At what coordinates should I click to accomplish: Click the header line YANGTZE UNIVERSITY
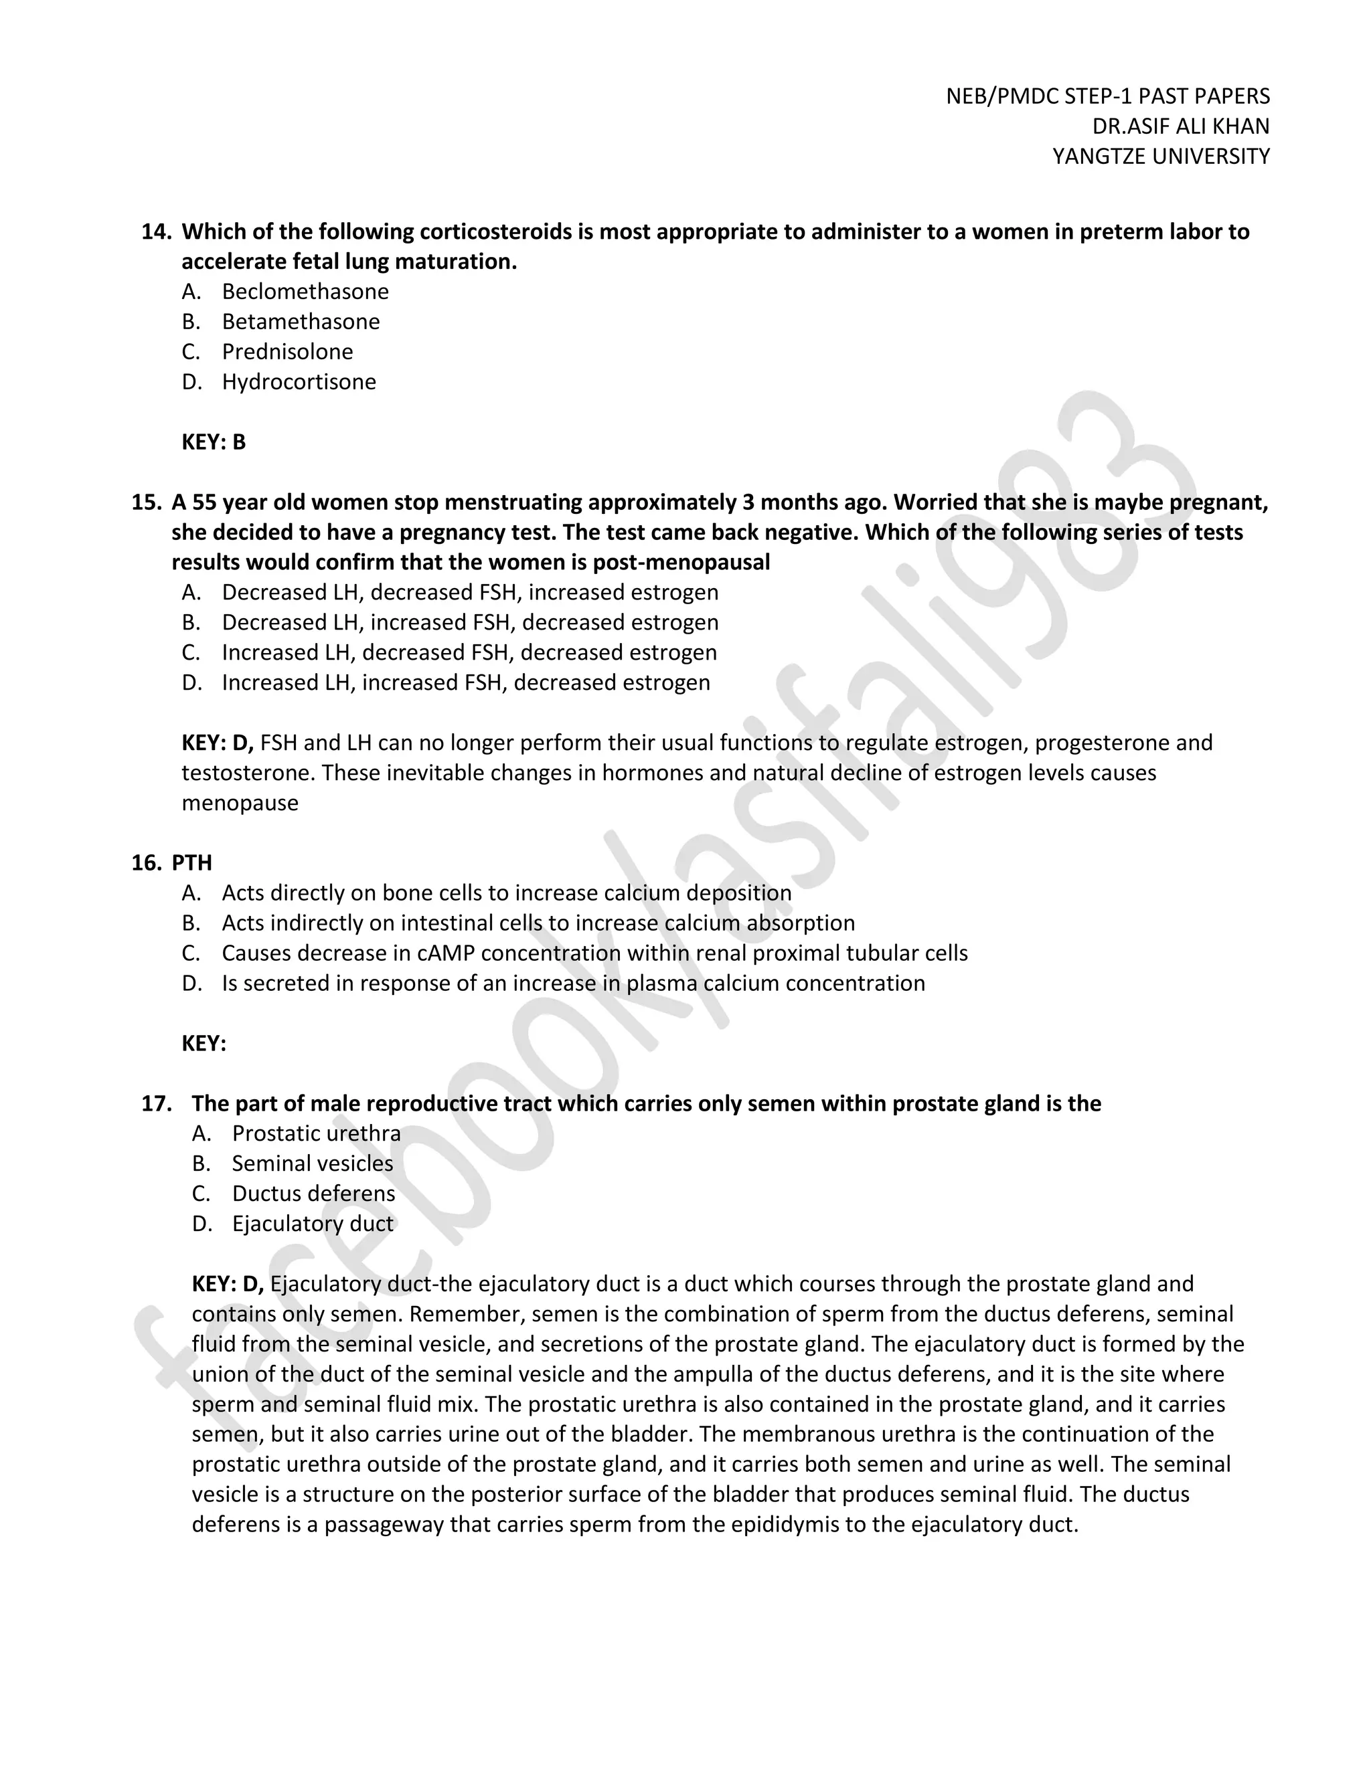pyautogui.click(x=1161, y=156)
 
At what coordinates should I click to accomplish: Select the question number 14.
pyautogui.click(x=155, y=232)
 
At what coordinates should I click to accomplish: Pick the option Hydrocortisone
pyautogui.click(x=299, y=381)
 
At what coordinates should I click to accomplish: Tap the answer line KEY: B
pyautogui.click(x=213, y=442)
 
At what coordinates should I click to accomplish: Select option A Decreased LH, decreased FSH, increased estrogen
pyautogui.click(x=469, y=593)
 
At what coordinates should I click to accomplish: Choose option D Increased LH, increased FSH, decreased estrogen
pyautogui.click(x=465, y=682)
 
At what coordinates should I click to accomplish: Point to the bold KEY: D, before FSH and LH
pyautogui.click(x=218, y=743)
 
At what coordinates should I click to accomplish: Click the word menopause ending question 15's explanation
pyautogui.click(x=240, y=803)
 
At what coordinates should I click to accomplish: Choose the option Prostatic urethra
pyautogui.click(x=316, y=1134)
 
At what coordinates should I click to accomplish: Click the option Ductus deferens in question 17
pyautogui.click(x=313, y=1194)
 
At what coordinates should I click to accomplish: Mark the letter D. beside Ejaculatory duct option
pyautogui.click(x=202, y=1224)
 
